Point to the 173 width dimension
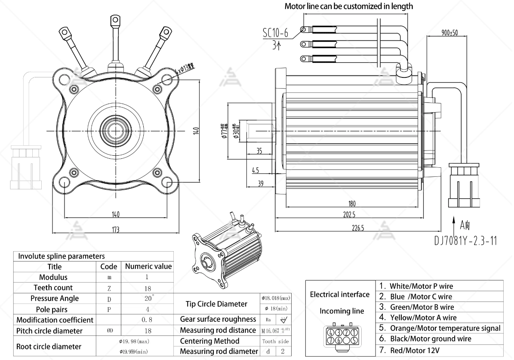(115, 229)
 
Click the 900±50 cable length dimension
(449, 33)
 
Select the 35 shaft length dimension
(259, 151)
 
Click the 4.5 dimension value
(255, 170)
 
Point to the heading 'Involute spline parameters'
(61, 256)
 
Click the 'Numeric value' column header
(148, 267)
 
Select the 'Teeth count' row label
(53, 288)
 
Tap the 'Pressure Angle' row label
(55, 298)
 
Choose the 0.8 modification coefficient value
(147, 320)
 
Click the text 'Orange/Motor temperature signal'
(445, 328)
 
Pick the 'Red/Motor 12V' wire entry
(415, 350)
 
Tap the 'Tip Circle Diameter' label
(216, 304)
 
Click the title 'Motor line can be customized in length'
(348, 6)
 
